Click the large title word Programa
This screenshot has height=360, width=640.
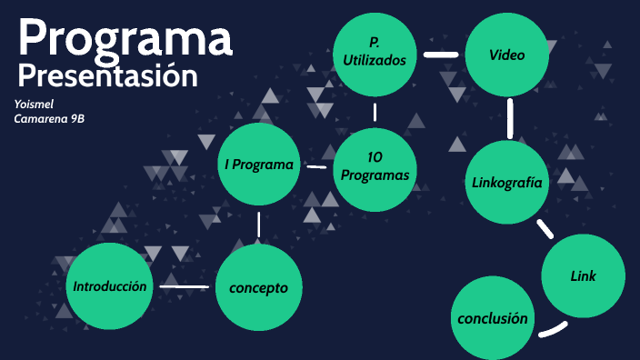point(125,38)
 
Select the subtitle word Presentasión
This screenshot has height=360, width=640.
point(107,75)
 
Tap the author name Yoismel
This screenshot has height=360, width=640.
point(35,104)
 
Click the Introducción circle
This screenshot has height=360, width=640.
point(109,286)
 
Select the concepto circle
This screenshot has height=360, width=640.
point(258,287)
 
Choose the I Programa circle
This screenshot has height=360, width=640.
point(259,165)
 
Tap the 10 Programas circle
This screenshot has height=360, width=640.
point(375,166)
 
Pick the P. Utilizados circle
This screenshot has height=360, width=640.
point(375,52)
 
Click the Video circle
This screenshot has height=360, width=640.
point(507,54)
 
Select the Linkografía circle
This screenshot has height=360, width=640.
point(507,182)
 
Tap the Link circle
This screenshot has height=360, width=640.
point(584,275)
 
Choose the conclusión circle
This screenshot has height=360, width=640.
point(493,318)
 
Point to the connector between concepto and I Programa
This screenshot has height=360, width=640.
point(259,225)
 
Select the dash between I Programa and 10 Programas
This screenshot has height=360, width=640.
point(316,166)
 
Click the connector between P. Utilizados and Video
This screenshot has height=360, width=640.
point(441,54)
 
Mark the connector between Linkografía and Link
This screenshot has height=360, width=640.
point(545,228)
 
